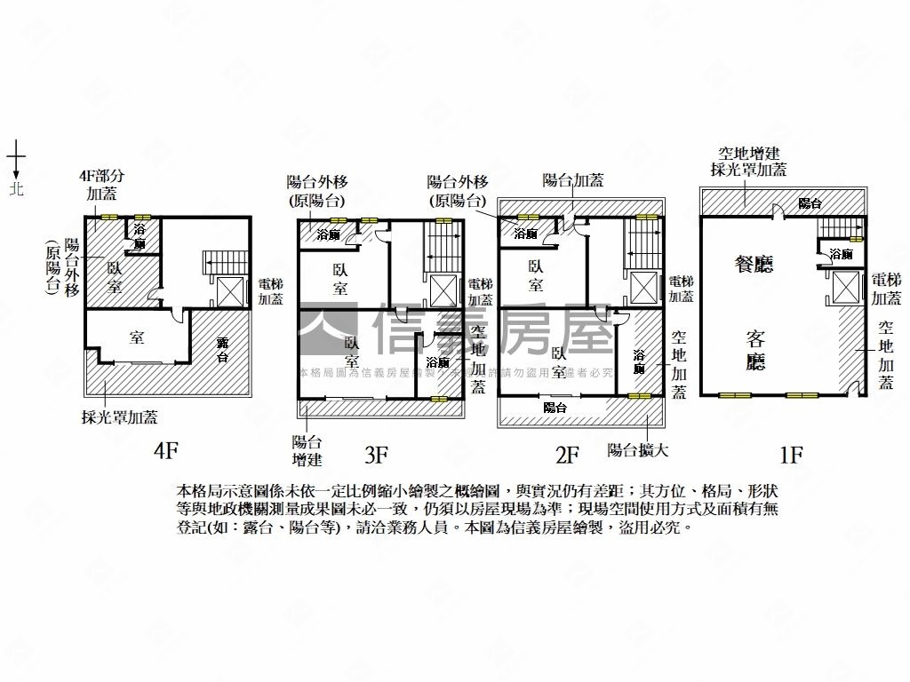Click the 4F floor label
[x=166, y=451]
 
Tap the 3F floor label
[x=376, y=456]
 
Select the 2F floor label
[x=567, y=456]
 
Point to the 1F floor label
[x=790, y=456]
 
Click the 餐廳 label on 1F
[x=754, y=263]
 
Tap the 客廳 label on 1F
[x=755, y=351]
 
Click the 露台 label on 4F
[x=221, y=350]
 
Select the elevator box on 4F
[x=229, y=291]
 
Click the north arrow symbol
[x=16, y=160]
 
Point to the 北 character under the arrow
[x=16, y=188]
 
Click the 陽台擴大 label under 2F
[x=637, y=449]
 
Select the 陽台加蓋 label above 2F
[x=573, y=180]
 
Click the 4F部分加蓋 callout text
[x=106, y=185]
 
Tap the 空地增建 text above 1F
[x=750, y=154]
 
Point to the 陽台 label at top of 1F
[x=809, y=203]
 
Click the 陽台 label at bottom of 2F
[x=555, y=408]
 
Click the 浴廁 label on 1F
[x=841, y=255]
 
